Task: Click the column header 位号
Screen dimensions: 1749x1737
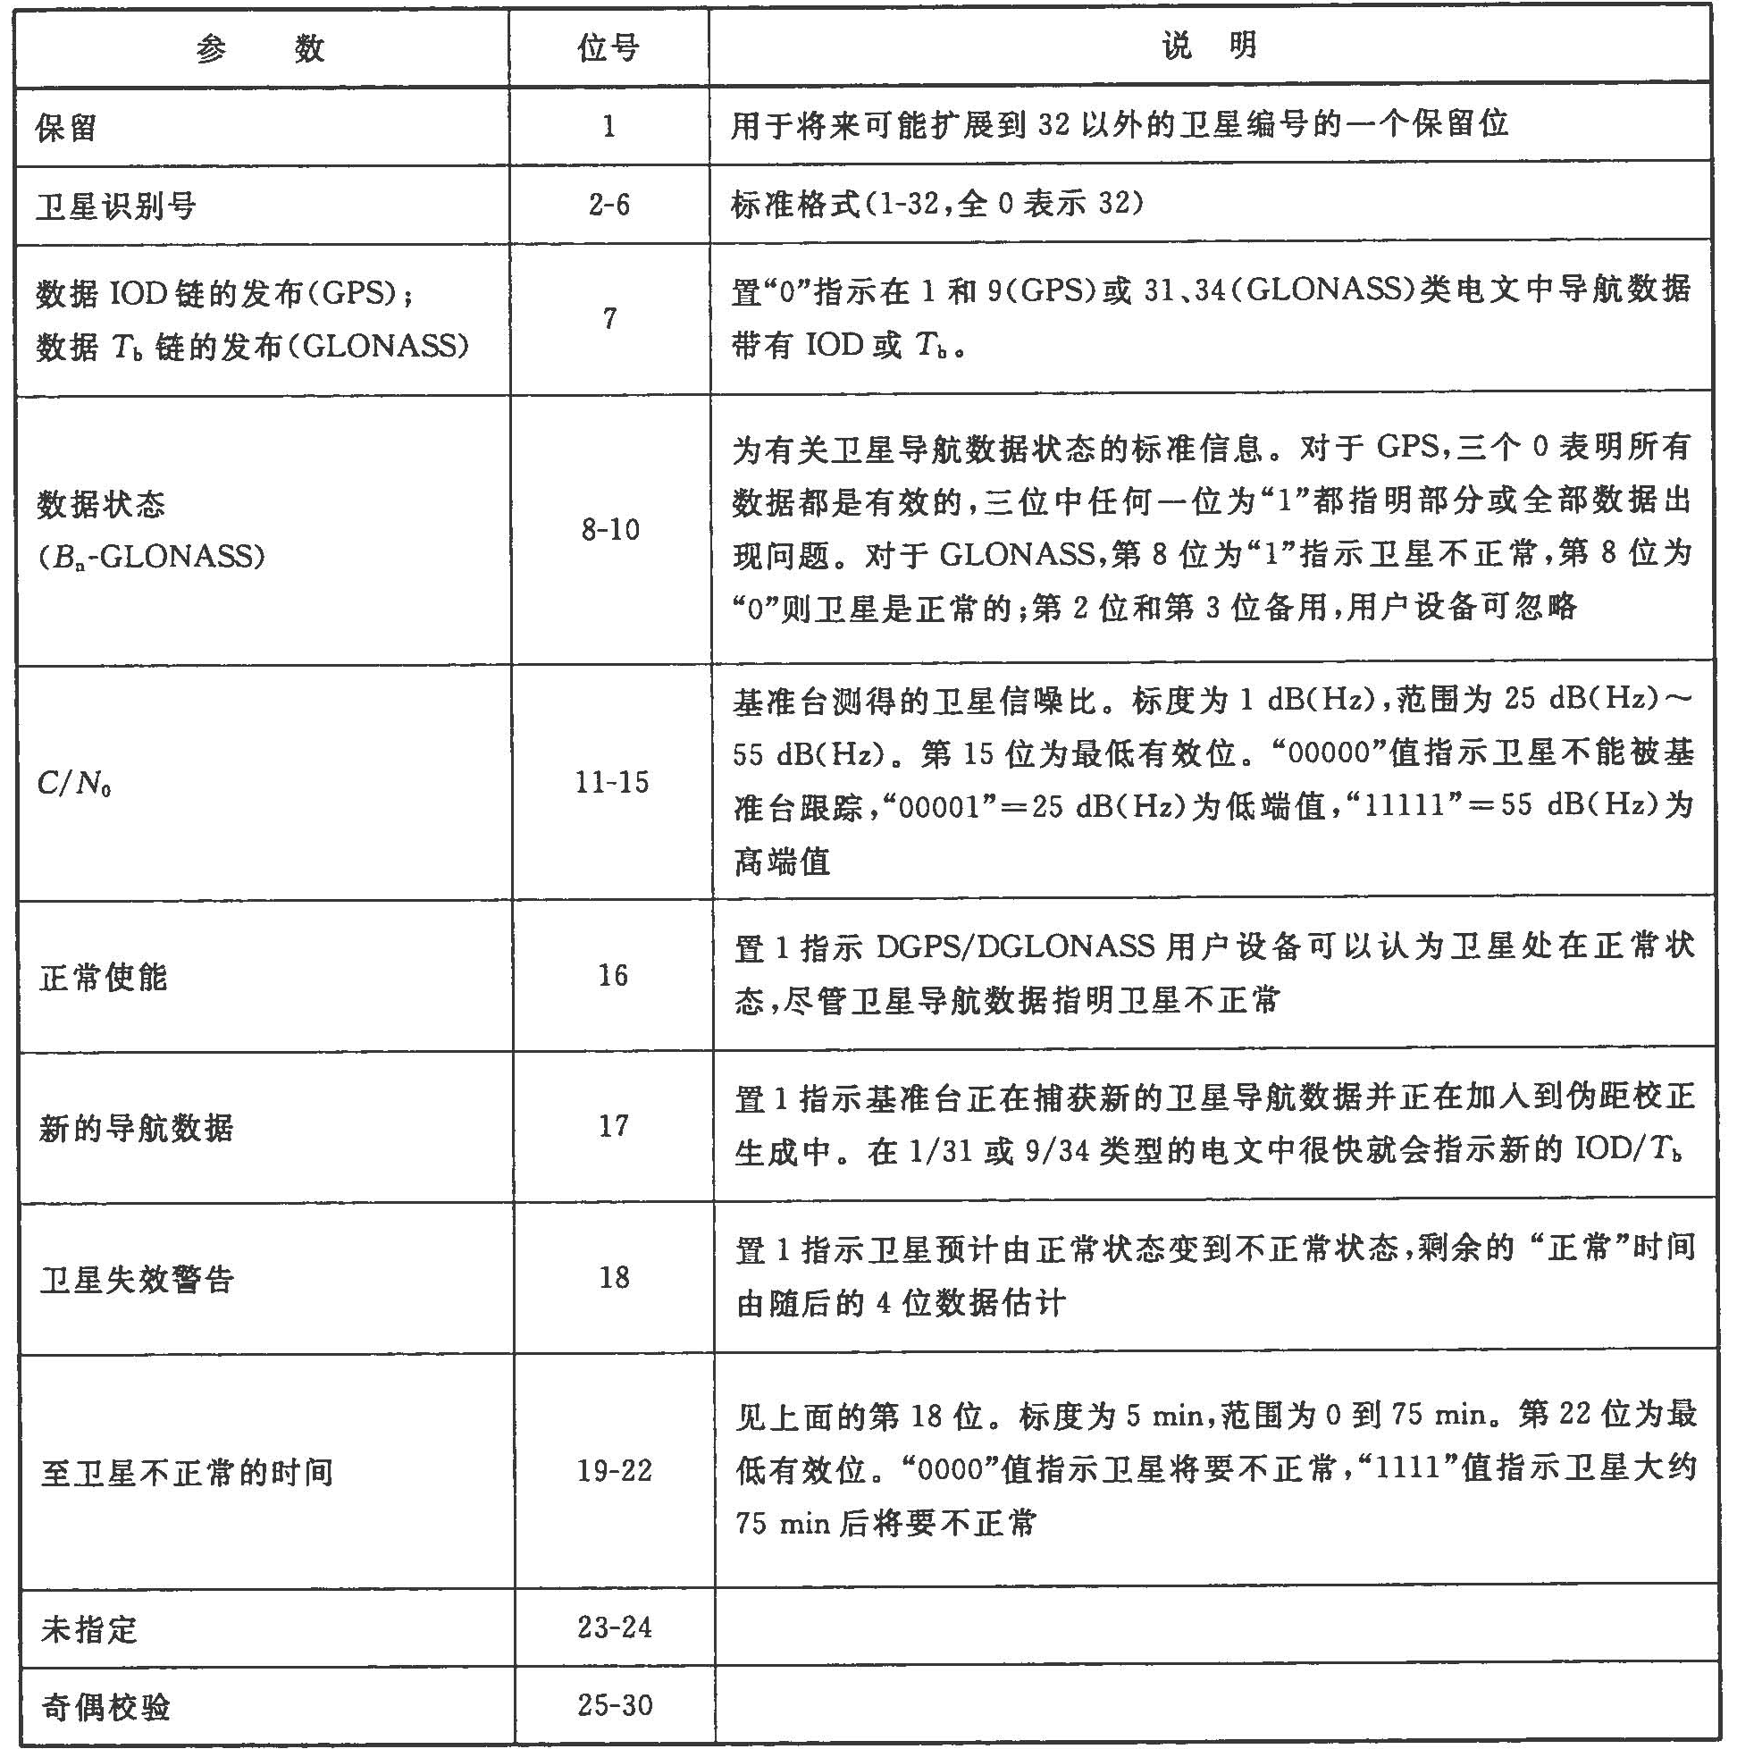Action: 608,47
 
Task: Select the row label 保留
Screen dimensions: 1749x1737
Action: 66,128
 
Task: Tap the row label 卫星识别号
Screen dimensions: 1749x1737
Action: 117,206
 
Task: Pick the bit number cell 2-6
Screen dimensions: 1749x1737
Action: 609,205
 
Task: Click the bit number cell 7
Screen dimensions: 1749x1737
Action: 610,319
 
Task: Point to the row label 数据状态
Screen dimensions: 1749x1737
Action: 101,504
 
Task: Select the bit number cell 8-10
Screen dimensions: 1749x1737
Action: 611,529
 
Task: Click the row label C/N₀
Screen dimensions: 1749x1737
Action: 74,783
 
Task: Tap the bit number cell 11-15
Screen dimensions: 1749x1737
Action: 612,782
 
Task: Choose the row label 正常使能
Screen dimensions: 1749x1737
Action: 103,977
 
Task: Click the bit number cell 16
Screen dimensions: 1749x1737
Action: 613,975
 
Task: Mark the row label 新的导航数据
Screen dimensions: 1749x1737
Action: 137,1128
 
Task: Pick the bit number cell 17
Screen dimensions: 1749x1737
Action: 614,1125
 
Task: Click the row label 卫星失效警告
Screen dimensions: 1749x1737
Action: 138,1279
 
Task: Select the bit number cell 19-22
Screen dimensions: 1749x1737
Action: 615,1470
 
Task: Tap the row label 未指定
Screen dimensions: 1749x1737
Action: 88,1629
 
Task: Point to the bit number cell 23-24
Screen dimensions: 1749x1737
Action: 615,1627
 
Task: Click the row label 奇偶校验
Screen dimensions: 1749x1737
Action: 106,1707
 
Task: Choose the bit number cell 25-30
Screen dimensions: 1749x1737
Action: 615,1705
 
